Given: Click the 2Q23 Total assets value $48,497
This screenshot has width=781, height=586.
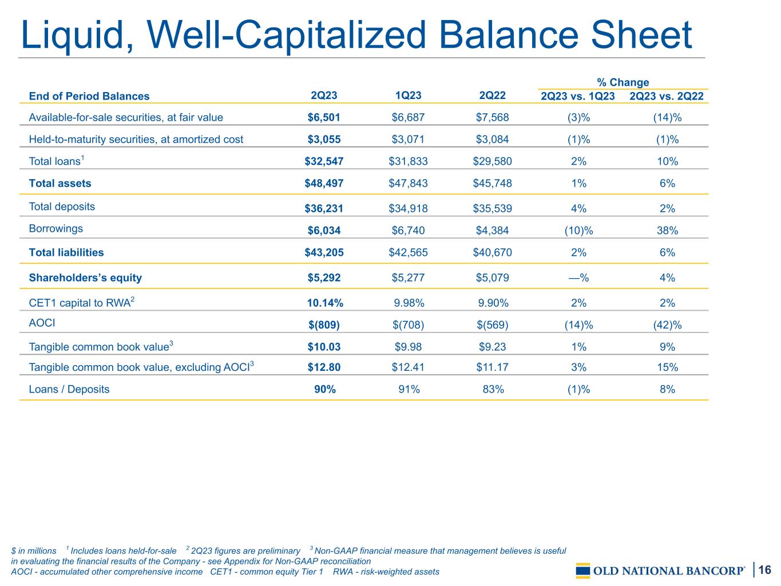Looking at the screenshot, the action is [x=324, y=183].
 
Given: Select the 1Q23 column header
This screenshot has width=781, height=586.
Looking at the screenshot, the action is [x=408, y=96].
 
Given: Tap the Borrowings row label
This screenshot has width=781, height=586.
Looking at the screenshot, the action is [x=56, y=228].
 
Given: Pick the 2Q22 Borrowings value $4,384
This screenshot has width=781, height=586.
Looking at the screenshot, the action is [x=493, y=230].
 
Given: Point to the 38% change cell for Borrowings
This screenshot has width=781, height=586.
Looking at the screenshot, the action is [x=667, y=230].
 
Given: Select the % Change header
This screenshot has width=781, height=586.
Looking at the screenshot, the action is [x=623, y=82].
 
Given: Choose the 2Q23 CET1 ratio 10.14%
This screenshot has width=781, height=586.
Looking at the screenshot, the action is [x=325, y=303].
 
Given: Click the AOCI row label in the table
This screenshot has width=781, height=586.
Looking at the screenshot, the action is [x=42, y=323].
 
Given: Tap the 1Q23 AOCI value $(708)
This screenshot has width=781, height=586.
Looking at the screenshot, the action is [x=409, y=325].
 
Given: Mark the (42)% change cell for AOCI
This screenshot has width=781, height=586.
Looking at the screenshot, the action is [x=667, y=325].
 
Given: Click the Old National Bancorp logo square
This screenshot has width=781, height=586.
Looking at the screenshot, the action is [x=583, y=571].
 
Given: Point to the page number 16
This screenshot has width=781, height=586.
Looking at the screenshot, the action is [x=764, y=569].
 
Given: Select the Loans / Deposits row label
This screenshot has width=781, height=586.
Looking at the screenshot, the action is [x=69, y=389].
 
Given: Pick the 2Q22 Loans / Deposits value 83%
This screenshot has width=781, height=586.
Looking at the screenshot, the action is [x=493, y=389].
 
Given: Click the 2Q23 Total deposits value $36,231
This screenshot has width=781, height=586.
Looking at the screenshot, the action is [x=324, y=208].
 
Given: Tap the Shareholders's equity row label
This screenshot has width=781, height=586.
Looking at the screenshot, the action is [x=85, y=278].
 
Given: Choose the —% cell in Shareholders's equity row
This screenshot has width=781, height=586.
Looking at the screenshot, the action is [x=578, y=278].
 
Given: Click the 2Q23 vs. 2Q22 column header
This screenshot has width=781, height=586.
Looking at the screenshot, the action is [x=667, y=96].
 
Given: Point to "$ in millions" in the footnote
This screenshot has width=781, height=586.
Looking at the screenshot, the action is [x=33, y=551].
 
